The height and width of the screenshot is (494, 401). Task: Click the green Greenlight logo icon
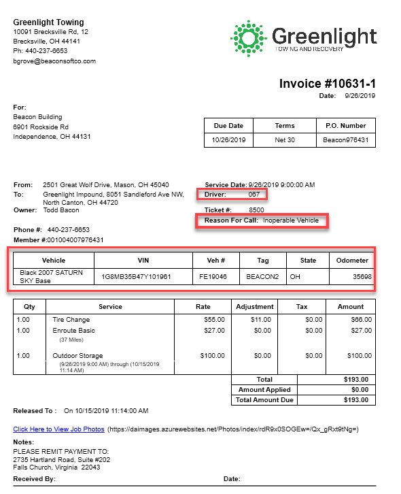pos(249,37)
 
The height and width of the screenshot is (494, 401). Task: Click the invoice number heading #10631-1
pos(328,84)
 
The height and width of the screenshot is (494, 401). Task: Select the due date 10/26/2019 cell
pos(228,140)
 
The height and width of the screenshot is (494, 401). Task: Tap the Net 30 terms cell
pos(285,140)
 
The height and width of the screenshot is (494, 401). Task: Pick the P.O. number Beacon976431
pos(346,140)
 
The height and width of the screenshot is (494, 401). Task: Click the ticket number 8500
pos(256,210)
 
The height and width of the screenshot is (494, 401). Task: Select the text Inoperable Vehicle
pos(291,220)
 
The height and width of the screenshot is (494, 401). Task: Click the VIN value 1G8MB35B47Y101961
pos(137,277)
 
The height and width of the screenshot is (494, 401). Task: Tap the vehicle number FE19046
pos(212,277)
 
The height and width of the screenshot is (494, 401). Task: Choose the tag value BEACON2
pos(260,277)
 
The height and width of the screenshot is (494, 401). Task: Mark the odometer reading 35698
pos(362,277)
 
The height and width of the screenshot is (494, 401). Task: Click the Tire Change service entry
pos(71,319)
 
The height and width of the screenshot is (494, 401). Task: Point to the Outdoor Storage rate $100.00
pos(212,356)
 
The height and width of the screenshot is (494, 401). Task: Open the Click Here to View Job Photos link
pos(58,429)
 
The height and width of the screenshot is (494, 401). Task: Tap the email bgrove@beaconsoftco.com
pos(54,61)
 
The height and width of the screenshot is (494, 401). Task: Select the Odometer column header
pos(352,260)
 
